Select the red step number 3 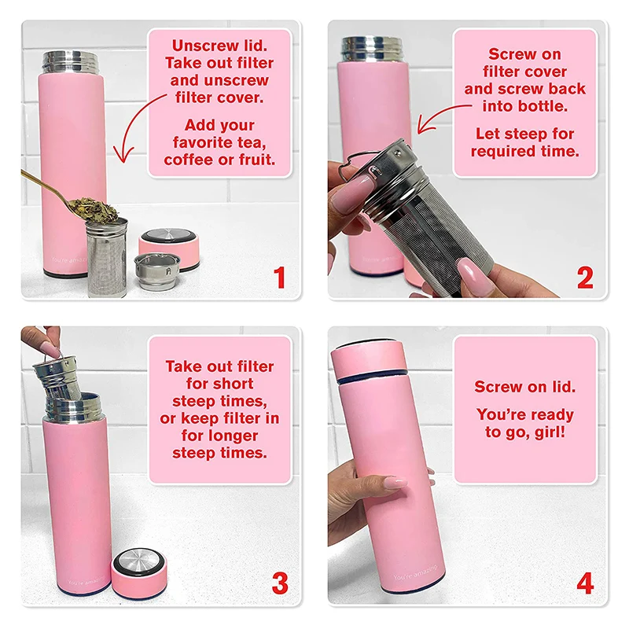pos(278,584)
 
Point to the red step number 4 pos(584,584)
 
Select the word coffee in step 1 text pos(189,160)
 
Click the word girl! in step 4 pos(548,432)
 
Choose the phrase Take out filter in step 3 pos(219,366)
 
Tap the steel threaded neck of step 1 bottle pos(70,62)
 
